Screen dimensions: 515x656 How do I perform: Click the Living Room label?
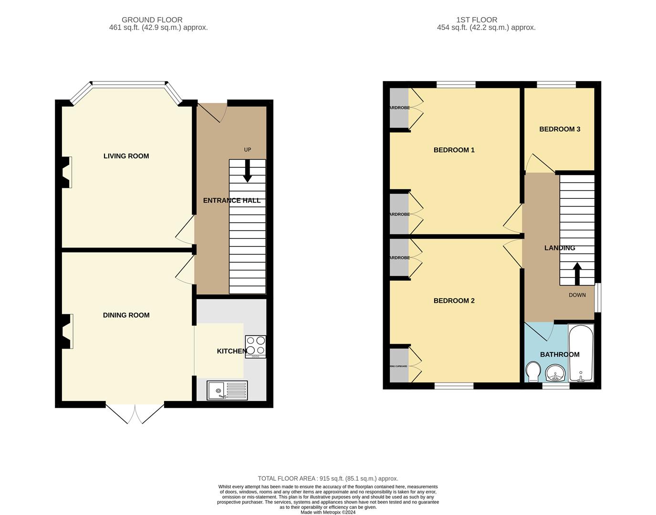[126, 156]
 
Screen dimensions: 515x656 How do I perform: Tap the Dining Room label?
[126, 315]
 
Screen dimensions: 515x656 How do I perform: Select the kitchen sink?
[227, 390]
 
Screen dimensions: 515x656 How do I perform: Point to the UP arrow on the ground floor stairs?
[247, 171]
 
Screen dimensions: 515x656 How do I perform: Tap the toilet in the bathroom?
[532, 371]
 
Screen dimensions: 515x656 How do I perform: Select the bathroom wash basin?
[555, 373]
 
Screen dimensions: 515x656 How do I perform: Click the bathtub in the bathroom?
[581, 353]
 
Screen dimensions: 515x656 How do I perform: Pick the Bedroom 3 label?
[560, 129]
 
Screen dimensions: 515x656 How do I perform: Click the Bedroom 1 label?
[454, 150]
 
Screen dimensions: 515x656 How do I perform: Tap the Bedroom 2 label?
[454, 300]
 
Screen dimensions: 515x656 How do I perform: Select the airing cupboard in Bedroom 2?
[399, 366]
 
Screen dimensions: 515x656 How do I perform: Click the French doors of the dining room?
[135, 413]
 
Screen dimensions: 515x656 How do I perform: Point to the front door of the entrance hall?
[212, 113]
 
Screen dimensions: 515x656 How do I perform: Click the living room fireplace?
[67, 172]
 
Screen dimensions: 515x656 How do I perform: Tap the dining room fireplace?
[67, 331]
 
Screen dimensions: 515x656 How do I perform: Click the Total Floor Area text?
[328, 478]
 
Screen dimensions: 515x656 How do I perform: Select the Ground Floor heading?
[152, 20]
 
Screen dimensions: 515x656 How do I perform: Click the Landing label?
[560, 248]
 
